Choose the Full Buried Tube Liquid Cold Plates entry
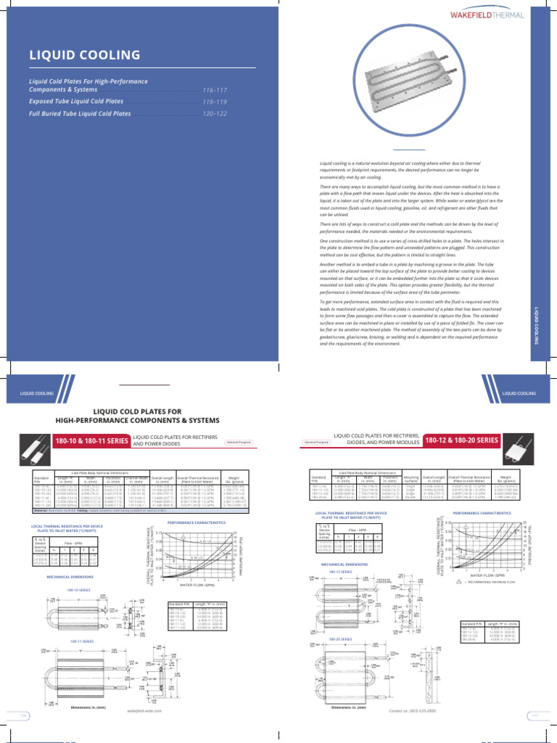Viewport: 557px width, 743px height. click(x=80, y=114)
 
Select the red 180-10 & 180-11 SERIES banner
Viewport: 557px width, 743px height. click(x=90, y=440)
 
